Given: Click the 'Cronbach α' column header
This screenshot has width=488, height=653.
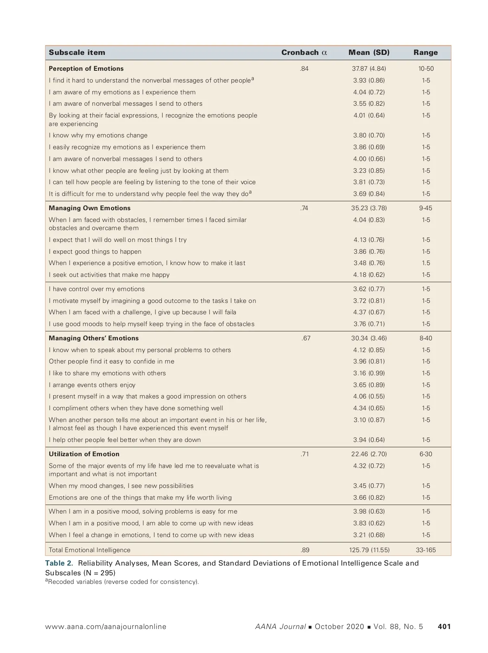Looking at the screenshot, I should (x=304, y=52).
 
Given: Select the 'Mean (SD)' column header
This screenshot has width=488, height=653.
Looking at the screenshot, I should (x=369, y=52).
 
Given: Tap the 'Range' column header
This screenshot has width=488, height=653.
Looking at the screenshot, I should (x=425, y=52).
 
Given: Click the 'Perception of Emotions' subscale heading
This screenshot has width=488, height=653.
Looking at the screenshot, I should (x=86, y=69).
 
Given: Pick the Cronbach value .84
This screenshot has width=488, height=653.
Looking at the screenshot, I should (x=304, y=69).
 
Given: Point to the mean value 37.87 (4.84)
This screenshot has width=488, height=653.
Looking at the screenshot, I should (x=369, y=69).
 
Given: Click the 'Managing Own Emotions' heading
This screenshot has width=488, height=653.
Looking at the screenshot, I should (x=89, y=208).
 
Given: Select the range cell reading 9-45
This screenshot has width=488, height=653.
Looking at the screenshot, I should (x=426, y=208).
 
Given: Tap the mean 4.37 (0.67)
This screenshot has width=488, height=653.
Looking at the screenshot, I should (x=369, y=312).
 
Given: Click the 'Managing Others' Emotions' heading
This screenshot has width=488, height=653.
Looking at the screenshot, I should (x=94, y=338).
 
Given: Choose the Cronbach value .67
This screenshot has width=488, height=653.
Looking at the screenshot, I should (x=306, y=338).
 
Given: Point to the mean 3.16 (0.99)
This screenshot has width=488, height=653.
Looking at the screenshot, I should (x=369, y=373).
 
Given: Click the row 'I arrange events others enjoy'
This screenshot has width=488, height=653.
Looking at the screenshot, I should (x=92, y=385).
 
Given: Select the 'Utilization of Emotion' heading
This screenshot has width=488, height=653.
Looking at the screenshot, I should (x=84, y=454).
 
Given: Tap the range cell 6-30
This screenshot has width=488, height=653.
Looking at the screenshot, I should (x=426, y=454).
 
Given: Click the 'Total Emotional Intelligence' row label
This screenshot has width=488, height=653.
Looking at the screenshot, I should (x=89, y=550).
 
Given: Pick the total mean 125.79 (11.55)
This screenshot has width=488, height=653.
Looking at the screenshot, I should (x=369, y=550).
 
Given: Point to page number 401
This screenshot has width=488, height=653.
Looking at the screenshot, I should (x=444, y=627).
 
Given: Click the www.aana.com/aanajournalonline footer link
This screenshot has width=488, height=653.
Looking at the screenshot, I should (x=106, y=627).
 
